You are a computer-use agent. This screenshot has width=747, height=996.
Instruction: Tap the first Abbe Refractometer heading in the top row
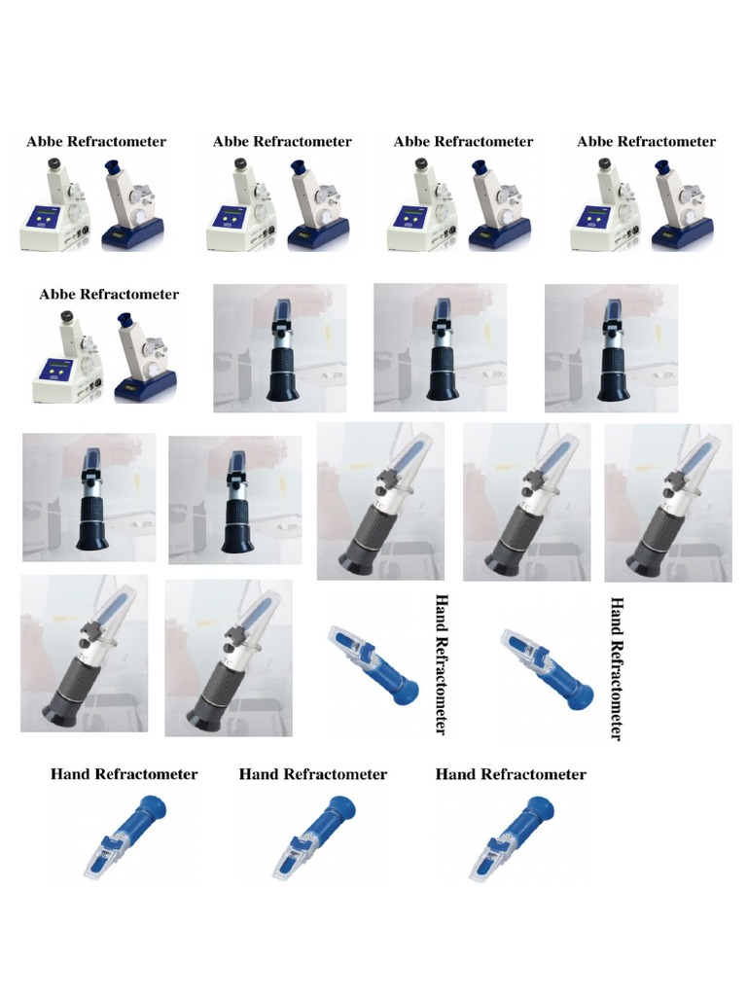pos(96,141)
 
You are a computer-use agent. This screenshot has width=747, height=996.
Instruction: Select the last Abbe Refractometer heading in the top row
pos(646,141)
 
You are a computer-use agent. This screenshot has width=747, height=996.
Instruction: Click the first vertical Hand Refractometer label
pos(442,664)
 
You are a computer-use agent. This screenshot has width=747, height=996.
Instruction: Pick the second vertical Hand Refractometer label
pos(615,668)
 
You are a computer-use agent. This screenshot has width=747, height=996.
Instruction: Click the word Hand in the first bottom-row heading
pos(71,774)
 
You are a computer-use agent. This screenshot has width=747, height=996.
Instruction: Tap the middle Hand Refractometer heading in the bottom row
pos(312,774)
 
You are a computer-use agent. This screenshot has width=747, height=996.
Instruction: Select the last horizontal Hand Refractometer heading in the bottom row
pos(511,774)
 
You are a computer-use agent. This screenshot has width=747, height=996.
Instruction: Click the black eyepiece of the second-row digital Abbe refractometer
pos(67,317)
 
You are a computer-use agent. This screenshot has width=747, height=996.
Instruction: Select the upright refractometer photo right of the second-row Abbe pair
pos(280,348)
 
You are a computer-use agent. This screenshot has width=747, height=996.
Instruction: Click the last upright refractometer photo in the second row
pos(611,348)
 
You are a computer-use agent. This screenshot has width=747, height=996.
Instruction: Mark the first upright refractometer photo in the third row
pos(89,497)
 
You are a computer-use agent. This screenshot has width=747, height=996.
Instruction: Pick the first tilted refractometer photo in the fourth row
pos(84,653)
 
